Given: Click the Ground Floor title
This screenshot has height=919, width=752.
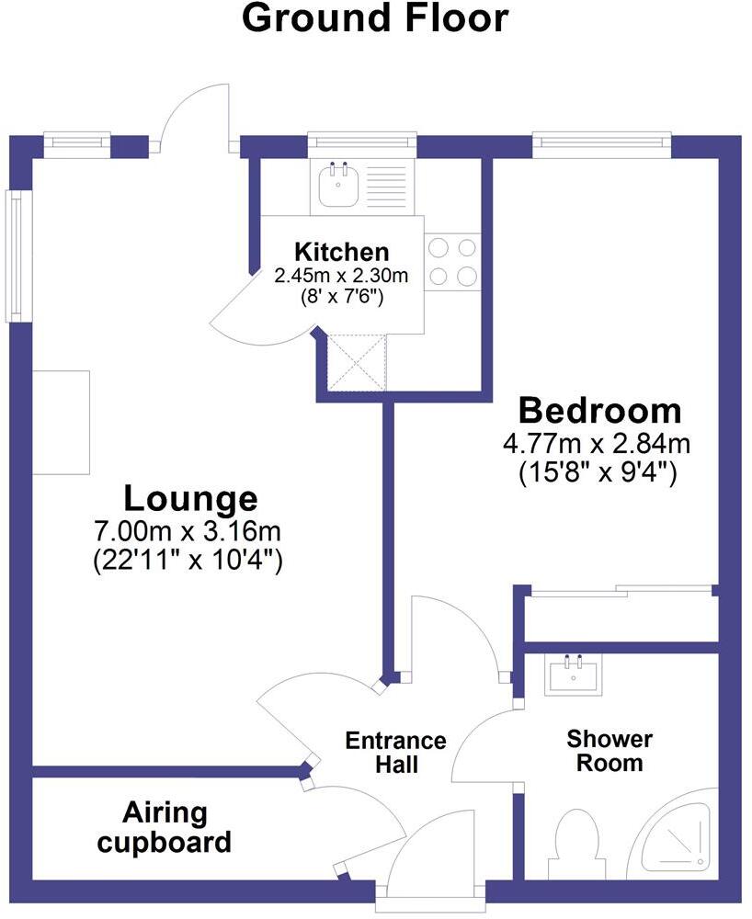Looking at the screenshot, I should point(375,18).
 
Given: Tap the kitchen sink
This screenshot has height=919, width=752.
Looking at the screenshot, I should point(338,187).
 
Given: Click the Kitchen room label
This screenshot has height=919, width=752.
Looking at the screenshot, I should point(341,252).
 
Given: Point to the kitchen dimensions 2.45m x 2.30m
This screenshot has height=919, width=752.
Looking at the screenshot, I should point(341,274).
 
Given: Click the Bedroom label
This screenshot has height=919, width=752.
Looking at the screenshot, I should point(600,410).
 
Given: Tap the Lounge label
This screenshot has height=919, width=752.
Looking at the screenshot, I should point(190,498).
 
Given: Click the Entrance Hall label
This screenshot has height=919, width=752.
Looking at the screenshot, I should point(395,752).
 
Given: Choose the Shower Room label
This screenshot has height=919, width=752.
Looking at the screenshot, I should point(610,750).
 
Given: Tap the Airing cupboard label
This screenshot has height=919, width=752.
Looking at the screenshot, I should point(165,827).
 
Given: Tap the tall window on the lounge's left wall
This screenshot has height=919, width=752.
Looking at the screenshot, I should point(18,255).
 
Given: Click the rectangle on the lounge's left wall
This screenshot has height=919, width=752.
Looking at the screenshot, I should point(61,422).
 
